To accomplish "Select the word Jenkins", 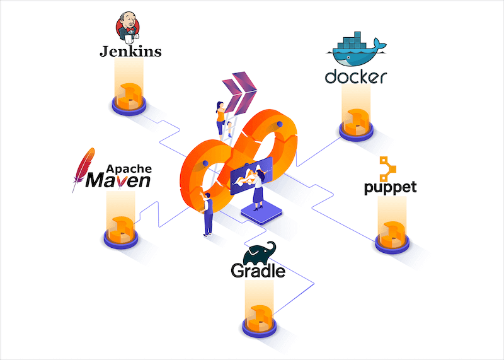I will coord(130,51).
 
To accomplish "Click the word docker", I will coord(355,77).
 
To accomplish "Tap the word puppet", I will coord(390,188).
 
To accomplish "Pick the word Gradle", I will coord(258,271).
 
